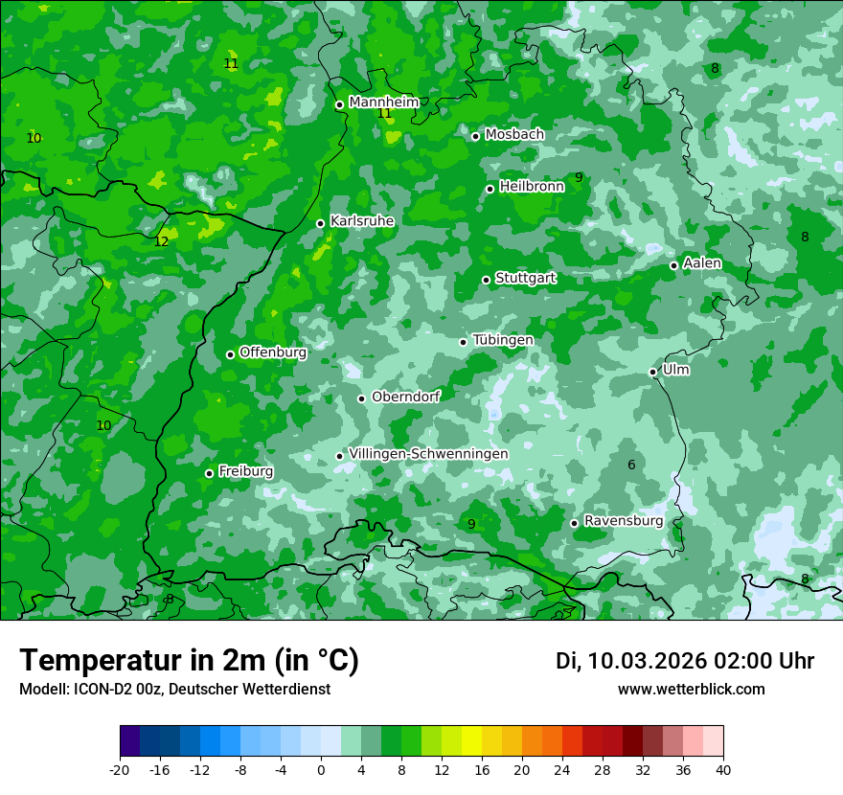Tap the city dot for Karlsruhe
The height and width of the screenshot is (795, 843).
coord(321,223)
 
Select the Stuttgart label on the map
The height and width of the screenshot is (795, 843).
coord(525,278)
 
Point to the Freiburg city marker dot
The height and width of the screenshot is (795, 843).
coord(209,473)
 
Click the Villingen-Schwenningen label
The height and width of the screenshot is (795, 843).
coord(428,454)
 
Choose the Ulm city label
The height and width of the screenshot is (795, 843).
coord(675,370)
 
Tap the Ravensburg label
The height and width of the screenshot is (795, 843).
coord(623,521)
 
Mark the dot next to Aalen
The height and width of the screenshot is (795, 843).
coord(673,265)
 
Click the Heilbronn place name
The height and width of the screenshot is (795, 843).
coord(532,187)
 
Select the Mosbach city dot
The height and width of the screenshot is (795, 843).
coord(475,136)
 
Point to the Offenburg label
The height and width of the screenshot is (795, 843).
coord(273,352)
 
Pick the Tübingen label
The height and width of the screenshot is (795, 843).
coord(503,340)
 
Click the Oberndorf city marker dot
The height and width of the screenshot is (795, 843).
coord(361,398)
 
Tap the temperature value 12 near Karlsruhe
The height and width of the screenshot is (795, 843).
coord(161,241)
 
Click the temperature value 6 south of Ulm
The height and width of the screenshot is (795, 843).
coord(631,466)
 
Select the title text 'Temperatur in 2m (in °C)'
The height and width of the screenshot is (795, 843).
coord(189,661)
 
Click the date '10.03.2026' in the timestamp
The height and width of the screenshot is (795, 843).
coord(647,661)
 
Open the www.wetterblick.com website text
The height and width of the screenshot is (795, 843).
coord(691,690)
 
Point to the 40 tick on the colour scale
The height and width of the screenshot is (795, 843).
coord(723,770)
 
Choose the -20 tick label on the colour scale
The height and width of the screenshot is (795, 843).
coord(120,770)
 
